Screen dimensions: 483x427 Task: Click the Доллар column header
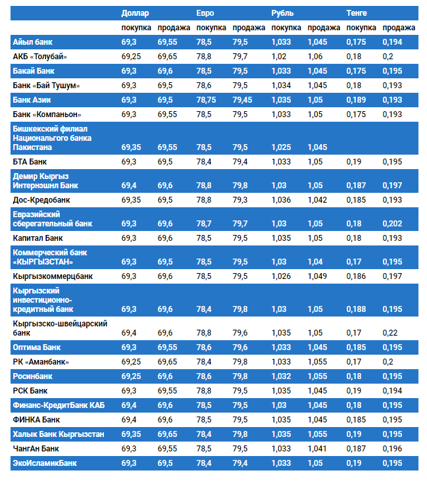(x=136, y=13)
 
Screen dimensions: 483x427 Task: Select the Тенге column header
(x=357, y=13)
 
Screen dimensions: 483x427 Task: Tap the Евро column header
(x=205, y=13)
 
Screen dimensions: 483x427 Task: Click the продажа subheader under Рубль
(x=324, y=28)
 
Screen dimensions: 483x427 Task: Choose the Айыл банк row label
(x=32, y=42)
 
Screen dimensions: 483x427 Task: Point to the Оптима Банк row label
(x=37, y=347)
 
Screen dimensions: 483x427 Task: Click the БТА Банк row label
(x=30, y=161)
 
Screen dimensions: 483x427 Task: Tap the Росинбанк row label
(x=33, y=376)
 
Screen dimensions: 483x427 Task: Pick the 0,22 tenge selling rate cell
(x=389, y=333)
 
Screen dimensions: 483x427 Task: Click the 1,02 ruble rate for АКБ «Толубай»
(x=279, y=57)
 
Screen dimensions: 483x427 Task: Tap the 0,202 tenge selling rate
(x=392, y=224)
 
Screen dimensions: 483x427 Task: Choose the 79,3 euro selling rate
(x=240, y=199)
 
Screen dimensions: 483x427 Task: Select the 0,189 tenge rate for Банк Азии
(x=356, y=100)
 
